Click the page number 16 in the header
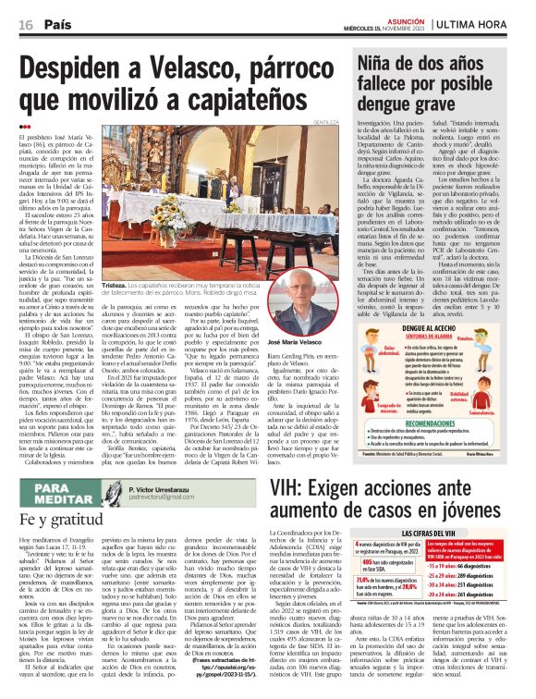(25, 25)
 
